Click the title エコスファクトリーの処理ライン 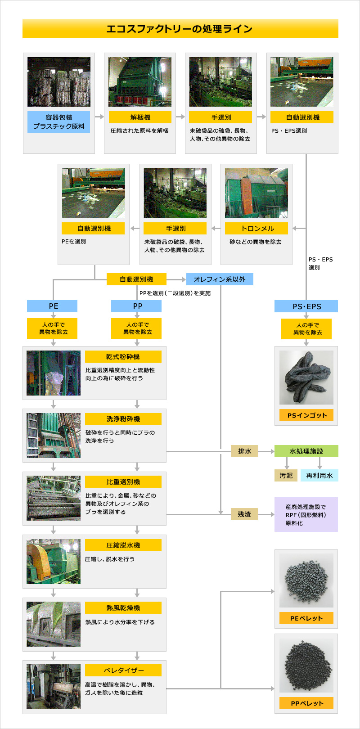tap(180, 29)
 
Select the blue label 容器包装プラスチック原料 tap(58, 122)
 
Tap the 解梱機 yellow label tap(140, 117)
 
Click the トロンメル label tap(256, 229)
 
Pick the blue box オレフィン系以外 tap(220, 279)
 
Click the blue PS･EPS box tap(306, 306)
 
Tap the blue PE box tap(52, 306)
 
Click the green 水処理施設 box tap(306, 451)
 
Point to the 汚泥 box tap(286, 476)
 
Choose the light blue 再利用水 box tap(319, 476)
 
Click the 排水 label tap(244, 451)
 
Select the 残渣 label tap(244, 514)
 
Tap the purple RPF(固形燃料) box tap(306, 515)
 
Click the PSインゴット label tap(306, 415)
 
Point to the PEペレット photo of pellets tap(306, 580)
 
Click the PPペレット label tap(306, 703)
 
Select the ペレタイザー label tap(123, 670)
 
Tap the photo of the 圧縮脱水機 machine tap(54, 562)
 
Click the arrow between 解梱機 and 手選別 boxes tap(180, 117)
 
